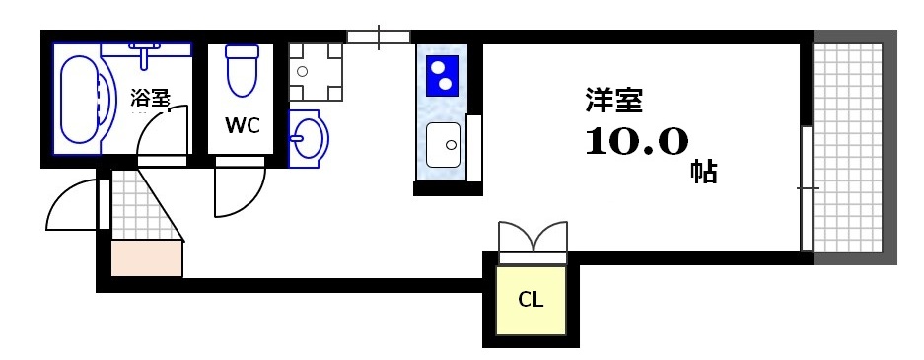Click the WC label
pyautogui.click(x=242, y=126)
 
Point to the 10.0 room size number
pyautogui.click(x=636, y=143)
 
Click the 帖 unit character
pyautogui.click(x=703, y=172)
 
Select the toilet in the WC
pyautogui.click(x=242, y=70)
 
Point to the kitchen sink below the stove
pyautogui.click(x=443, y=145)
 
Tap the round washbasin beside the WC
pyautogui.click(x=309, y=137)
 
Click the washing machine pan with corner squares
pyautogui.click(x=317, y=72)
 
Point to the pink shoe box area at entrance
pyautogui.click(x=147, y=258)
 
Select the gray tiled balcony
pyautogui.click(x=854, y=148)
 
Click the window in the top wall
pyautogui.click(x=378, y=37)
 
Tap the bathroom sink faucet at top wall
pyautogui.click(x=146, y=51)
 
